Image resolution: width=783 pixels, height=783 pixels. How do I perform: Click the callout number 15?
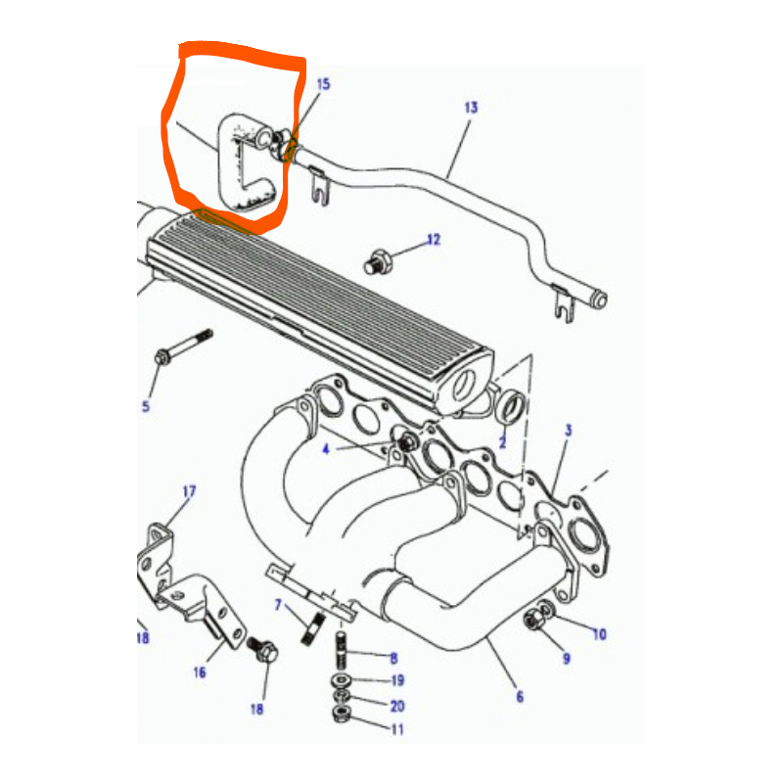324,84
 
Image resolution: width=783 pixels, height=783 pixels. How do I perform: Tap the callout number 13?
471,108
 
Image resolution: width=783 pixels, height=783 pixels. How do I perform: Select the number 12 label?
434,240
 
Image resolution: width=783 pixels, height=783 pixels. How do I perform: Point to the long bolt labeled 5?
184,346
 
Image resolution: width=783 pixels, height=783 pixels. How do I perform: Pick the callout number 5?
146,406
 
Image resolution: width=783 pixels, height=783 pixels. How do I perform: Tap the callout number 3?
569,431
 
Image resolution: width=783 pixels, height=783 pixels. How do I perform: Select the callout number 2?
503,442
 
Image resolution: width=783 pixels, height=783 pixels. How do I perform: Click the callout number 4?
326,449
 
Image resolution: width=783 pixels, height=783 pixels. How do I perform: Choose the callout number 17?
189,492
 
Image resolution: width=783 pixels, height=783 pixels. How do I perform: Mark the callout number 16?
200,672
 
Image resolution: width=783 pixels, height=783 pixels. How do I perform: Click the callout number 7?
278,605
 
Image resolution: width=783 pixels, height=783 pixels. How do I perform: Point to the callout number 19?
397,680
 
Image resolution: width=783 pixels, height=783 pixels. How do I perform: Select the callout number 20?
397,706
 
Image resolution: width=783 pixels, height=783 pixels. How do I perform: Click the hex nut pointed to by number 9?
532,621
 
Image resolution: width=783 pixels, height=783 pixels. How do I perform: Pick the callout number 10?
599,634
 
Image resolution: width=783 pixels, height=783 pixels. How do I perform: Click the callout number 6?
520,697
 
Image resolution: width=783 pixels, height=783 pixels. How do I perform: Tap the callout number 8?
394,659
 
